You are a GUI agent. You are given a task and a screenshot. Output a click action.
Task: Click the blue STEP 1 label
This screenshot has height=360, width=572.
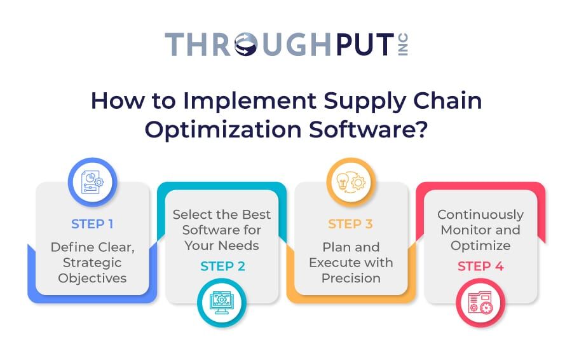pos(93,224)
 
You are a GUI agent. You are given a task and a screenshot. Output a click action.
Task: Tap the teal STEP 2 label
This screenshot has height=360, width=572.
pos(222,266)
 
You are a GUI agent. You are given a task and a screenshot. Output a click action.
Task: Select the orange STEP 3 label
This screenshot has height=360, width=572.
pos(351,224)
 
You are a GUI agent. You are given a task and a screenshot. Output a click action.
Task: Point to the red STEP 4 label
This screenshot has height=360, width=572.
pos(480,266)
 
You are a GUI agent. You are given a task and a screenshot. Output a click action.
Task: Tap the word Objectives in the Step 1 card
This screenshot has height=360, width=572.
pos(93,278)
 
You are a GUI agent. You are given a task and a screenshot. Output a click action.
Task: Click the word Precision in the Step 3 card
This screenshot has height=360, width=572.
pos(351,278)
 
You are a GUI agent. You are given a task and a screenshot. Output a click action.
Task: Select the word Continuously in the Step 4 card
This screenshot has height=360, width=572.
pos(480,214)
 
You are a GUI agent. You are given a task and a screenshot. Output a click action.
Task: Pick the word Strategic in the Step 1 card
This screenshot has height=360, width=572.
pos(93,263)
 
